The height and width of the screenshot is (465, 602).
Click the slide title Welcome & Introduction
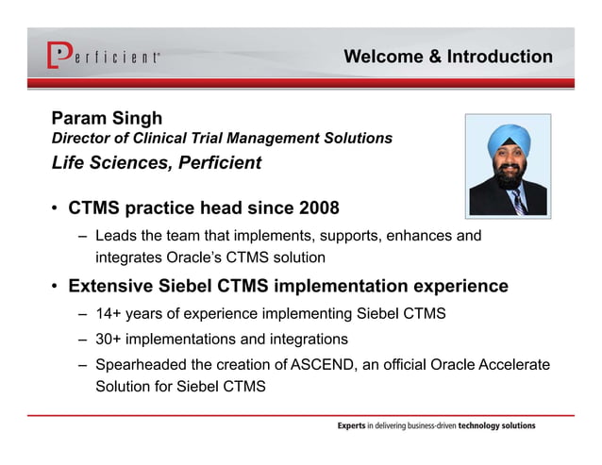click(448, 57)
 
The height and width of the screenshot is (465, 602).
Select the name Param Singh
click(107, 119)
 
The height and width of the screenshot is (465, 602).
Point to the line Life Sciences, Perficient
click(156, 162)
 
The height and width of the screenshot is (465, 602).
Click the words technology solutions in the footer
click(497, 426)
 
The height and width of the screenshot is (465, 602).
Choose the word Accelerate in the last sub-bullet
click(513, 364)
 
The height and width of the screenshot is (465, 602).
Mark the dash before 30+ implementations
click(84, 340)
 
